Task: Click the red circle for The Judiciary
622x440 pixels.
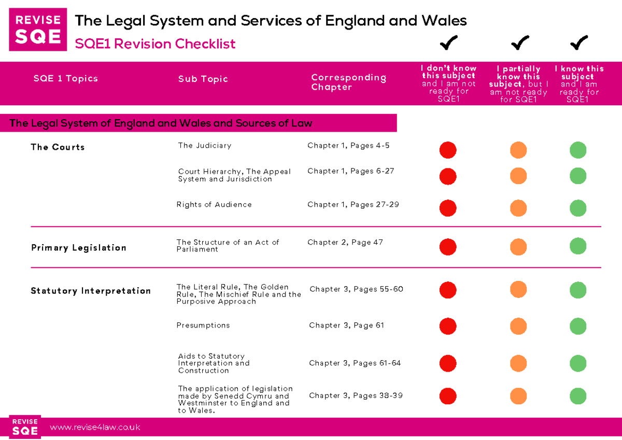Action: pyautogui.click(x=448, y=150)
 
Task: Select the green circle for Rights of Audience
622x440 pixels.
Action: pyautogui.click(x=578, y=208)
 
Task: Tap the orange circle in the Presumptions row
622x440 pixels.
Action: pyautogui.click(x=518, y=327)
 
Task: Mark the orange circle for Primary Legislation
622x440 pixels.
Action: pyautogui.click(x=518, y=247)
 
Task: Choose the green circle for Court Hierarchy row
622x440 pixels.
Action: pyautogui.click(x=578, y=176)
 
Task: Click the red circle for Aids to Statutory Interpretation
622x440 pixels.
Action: pyautogui.click(x=448, y=364)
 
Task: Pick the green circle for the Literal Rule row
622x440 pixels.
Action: pyautogui.click(x=578, y=290)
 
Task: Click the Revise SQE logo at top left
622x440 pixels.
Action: pyautogui.click(x=38, y=30)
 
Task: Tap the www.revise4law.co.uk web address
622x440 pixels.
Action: pyautogui.click(x=95, y=428)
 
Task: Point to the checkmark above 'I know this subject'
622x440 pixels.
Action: pyautogui.click(x=578, y=43)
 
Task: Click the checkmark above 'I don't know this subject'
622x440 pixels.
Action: pyautogui.click(x=448, y=43)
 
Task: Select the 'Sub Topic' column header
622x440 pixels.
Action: pyautogui.click(x=203, y=79)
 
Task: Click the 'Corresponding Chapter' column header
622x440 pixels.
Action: pyautogui.click(x=348, y=82)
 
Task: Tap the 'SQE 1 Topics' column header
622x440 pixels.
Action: pyautogui.click(x=66, y=79)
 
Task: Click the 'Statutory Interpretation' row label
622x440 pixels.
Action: pyautogui.click(x=91, y=291)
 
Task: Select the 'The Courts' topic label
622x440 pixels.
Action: pyautogui.click(x=58, y=147)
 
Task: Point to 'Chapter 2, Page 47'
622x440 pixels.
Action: pyautogui.click(x=345, y=242)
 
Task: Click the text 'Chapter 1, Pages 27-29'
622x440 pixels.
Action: pyautogui.click(x=353, y=205)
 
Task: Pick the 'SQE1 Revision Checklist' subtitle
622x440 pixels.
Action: pyautogui.click(x=155, y=44)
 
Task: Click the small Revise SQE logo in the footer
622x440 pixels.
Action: pyautogui.click(x=25, y=427)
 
